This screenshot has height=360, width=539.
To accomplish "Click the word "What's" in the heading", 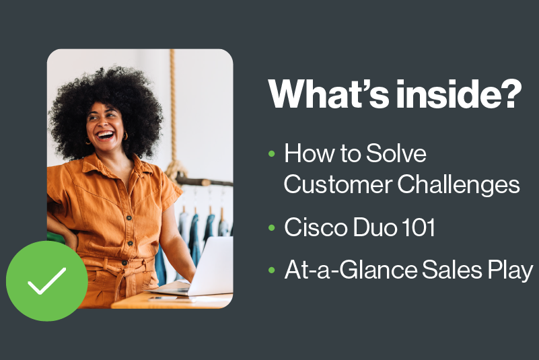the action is [x=328, y=94].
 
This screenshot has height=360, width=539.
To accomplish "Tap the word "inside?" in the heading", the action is [x=459, y=94].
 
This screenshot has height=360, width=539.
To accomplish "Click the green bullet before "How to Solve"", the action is [x=272, y=153].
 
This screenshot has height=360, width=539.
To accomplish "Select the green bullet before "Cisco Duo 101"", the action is [x=272, y=227].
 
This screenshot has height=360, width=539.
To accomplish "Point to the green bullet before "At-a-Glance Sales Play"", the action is [x=272, y=270].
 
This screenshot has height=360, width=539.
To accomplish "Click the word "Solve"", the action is [x=396, y=153].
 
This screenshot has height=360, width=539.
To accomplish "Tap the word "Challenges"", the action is [x=458, y=184].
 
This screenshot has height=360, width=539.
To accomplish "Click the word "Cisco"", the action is [x=316, y=227].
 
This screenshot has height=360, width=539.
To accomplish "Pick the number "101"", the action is [x=419, y=227].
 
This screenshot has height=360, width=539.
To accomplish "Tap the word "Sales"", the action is [x=452, y=270].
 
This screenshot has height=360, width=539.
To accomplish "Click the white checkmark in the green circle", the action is [x=46, y=281].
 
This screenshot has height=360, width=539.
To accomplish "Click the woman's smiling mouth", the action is [x=106, y=135].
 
